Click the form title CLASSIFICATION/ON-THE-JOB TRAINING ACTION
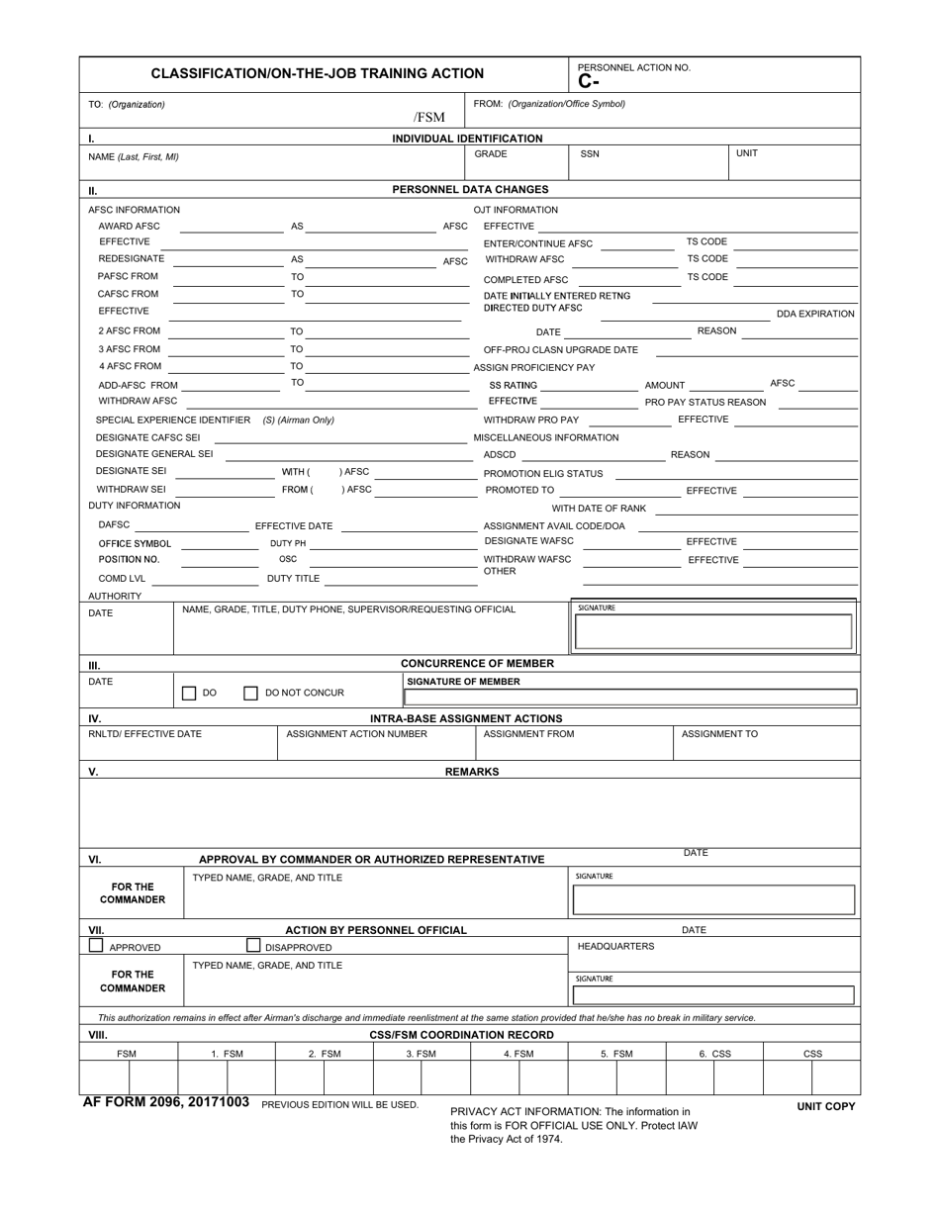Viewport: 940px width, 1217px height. pos(317,73)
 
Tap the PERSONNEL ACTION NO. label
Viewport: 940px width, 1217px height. pos(634,67)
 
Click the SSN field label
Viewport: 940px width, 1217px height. pos(589,154)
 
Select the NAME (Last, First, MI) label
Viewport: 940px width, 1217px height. pos(134,156)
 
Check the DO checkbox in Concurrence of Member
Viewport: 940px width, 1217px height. pos(189,694)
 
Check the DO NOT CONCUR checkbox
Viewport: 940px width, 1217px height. pos(250,694)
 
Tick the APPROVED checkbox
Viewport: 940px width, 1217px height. pos(96,945)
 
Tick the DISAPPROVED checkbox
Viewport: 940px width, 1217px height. pos(253,945)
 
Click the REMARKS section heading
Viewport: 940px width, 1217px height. pos(471,771)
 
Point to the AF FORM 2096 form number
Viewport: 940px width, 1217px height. pos(166,1102)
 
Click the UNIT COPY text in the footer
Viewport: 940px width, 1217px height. pos(825,1106)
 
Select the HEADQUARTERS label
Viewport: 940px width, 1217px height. pos(615,946)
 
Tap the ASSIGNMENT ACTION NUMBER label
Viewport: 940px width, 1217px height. pos(356,734)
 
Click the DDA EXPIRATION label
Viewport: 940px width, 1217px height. pos(815,314)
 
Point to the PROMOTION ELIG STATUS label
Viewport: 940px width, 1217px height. pos(542,474)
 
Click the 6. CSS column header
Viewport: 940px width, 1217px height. pos(714,1054)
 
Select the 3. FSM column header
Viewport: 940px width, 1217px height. pos(421,1054)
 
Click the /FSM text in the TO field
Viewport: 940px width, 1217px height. pos(428,118)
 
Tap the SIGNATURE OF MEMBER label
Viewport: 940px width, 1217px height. pos(463,681)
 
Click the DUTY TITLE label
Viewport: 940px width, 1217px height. pos(293,579)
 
